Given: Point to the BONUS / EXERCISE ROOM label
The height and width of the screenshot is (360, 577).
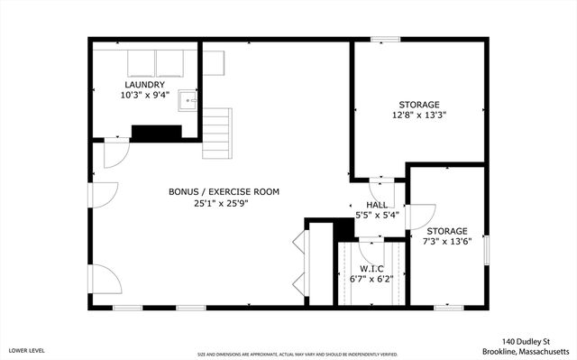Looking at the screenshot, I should pyautogui.click(x=224, y=191).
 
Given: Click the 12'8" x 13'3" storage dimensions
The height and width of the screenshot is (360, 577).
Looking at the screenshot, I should pyautogui.click(x=419, y=115).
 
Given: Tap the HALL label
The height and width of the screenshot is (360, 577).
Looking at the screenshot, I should pyautogui.click(x=376, y=205).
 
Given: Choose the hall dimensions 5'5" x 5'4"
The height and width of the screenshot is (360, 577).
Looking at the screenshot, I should pyautogui.click(x=376, y=216).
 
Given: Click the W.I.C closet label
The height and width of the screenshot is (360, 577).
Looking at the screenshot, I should pyautogui.click(x=372, y=268).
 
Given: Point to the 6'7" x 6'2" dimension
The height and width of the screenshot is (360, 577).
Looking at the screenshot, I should pyautogui.click(x=372, y=279).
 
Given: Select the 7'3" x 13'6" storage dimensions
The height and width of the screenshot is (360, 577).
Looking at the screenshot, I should pyautogui.click(x=447, y=242).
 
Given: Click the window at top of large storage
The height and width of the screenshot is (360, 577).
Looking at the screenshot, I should pyautogui.click(x=385, y=39).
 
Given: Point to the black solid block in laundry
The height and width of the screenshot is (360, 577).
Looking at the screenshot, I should pyautogui.click(x=156, y=133).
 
